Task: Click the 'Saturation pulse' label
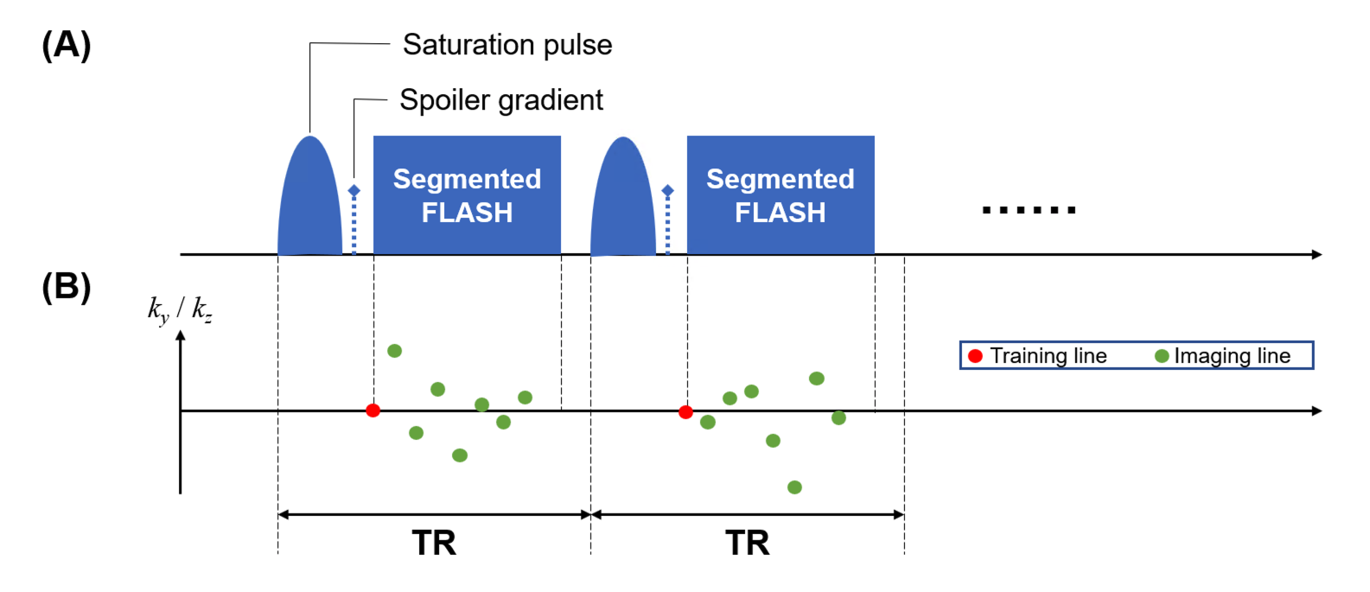click(507, 45)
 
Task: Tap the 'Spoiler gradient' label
click(500, 100)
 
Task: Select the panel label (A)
click(67, 45)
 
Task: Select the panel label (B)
click(67, 286)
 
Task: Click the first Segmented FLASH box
click(467, 195)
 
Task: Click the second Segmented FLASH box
click(781, 195)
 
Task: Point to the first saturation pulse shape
click(310, 203)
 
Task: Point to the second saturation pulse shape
click(623, 203)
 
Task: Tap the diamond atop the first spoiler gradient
click(354, 190)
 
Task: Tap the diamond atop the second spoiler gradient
click(667, 190)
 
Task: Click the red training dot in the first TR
click(373, 411)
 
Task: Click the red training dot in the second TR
click(685, 412)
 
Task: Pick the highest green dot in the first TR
click(394, 351)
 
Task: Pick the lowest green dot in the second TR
click(794, 487)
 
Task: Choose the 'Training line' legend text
click(1048, 356)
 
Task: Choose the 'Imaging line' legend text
click(1232, 356)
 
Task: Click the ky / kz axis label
click(180, 309)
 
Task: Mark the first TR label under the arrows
click(434, 544)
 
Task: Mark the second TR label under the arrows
click(748, 544)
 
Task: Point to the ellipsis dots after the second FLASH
click(1029, 210)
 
